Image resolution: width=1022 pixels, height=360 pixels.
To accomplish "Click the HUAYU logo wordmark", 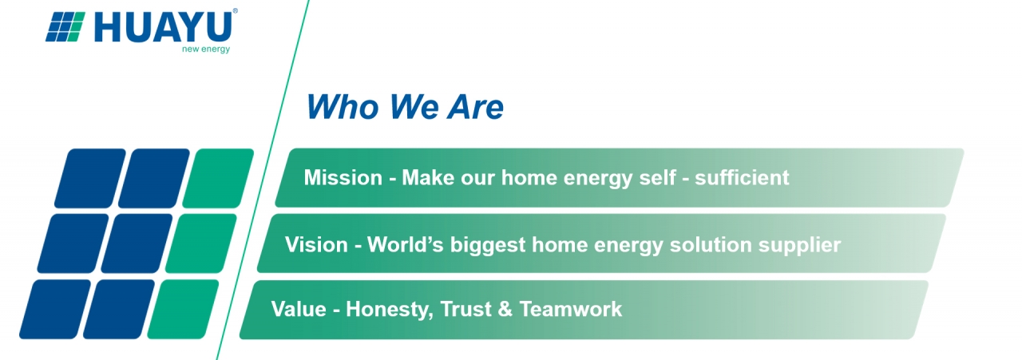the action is click(x=164, y=27).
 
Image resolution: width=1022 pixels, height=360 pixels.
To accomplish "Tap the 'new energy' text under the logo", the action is click(x=206, y=49).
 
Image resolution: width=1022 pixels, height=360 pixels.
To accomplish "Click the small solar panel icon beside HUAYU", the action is click(x=65, y=27).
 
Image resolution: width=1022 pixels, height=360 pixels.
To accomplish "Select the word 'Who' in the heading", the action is click(x=343, y=107).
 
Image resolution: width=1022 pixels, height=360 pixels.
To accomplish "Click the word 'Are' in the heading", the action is click(x=475, y=107).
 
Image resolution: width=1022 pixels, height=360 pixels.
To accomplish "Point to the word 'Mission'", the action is click(x=343, y=177).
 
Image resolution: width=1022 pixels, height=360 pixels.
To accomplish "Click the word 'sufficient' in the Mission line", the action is click(x=742, y=177).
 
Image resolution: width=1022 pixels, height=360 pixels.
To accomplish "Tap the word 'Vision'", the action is click(x=316, y=244).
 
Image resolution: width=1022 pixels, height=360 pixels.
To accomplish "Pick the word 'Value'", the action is click(x=299, y=309).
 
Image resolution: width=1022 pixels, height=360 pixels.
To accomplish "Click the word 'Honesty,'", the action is click(x=390, y=310).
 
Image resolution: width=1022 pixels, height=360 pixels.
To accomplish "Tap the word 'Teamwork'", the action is click(x=570, y=309).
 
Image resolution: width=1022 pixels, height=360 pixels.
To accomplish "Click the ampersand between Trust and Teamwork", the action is click(x=505, y=309).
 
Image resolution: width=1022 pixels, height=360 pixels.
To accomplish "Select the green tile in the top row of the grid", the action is click(x=218, y=178).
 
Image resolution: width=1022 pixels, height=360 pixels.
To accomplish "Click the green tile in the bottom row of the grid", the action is click(x=183, y=309).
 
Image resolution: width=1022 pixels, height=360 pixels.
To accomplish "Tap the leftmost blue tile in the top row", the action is click(x=90, y=178).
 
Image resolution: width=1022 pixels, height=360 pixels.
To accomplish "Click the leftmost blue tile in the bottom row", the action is click(x=55, y=309).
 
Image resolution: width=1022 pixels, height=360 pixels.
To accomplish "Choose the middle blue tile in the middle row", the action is click(x=137, y=243).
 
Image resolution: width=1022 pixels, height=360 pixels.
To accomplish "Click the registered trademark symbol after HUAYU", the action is click(x=235, y=11).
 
